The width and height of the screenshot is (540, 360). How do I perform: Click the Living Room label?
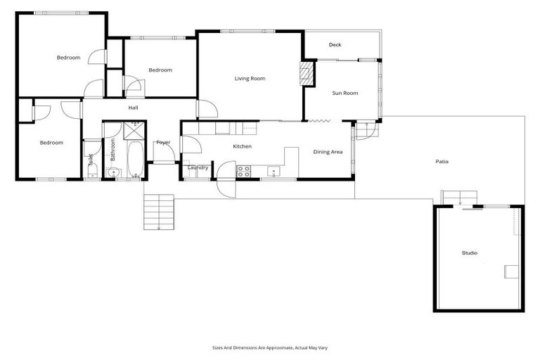(x=250, y=79)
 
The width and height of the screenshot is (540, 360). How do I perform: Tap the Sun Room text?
(x=345, y=93)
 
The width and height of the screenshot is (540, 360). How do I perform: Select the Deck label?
(x=335, y=45)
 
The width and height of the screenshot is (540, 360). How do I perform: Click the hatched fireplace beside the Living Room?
(x=306, y=74)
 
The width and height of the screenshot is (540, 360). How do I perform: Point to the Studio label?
(x=469, y=252)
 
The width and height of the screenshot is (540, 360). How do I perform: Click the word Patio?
(x=442, y=162)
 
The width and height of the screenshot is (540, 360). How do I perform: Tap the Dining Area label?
(x=328, y=152)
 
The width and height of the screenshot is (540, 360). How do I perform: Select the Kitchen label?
(x=243, y=146)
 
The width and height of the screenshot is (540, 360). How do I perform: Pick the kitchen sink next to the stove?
(x=272, y=169)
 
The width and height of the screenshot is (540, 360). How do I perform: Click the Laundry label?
(x=198, y=167)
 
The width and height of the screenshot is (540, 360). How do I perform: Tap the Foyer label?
(x=163, y=143)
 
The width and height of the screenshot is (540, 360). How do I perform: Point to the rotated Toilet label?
(x=91, y=160)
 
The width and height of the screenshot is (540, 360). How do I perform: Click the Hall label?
(x=133, y=108)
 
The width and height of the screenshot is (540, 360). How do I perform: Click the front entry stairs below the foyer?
(x=158, y=212)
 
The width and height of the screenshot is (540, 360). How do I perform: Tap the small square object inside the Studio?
(x=512, y=271)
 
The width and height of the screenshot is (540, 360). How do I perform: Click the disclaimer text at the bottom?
(x=270, y=347)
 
